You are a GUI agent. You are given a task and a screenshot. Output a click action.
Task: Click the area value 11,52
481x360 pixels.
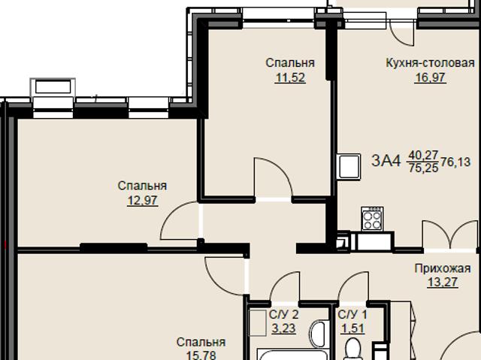[x=291, y=77]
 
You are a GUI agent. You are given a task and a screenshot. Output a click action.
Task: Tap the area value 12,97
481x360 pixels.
[x=143, y=201]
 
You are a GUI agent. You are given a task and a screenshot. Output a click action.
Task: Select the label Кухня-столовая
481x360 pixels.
[x=430, y=63]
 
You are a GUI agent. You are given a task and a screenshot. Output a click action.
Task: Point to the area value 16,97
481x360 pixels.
[x=430, y=77]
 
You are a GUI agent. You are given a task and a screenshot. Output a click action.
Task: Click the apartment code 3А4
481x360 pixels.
[x=386, y=160]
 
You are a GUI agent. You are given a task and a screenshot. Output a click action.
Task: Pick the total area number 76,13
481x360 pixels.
[x=455, y=162]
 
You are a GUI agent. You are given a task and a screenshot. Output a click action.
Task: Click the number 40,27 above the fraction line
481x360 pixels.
[x=422, y=155]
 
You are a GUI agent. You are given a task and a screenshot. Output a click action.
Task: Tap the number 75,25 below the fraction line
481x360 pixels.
[x=423, y=168]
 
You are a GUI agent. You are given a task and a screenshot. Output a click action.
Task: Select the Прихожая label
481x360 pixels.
[x=443, y=268]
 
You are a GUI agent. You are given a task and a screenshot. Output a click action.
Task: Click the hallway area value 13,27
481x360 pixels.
[x=443, y=282]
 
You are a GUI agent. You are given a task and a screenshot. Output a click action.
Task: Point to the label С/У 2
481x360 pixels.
[x=284, y=314]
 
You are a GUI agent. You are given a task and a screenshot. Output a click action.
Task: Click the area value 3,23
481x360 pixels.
[x=284, y=328]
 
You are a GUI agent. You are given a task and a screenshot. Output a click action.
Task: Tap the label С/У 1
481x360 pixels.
[x=352, y=314]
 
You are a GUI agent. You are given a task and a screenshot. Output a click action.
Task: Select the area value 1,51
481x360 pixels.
[x=352, y=328]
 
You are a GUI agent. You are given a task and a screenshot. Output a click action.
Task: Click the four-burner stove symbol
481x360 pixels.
[x=372, y=219]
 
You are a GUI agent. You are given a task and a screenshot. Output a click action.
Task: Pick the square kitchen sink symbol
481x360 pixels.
[x=349, y=166]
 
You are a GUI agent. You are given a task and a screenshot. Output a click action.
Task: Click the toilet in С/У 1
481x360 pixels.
[x=352, y=349]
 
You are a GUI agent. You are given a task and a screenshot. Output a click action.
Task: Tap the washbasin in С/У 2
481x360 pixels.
[x=319, y=335]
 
